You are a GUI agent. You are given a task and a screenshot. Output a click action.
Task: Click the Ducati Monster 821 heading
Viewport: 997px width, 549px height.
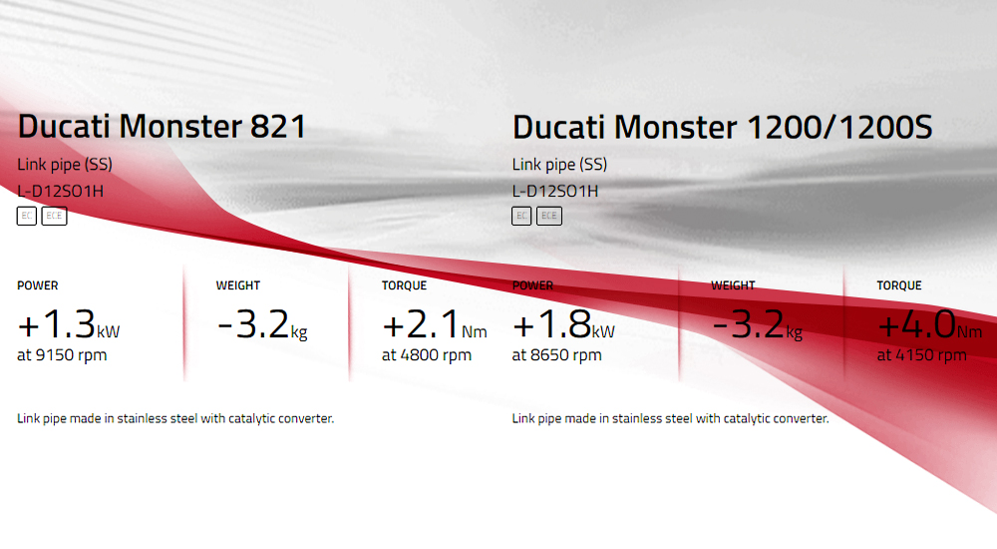click(x=162, y=126)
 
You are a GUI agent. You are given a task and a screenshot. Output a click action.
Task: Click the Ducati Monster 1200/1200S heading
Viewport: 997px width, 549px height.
click(x=722, y=127)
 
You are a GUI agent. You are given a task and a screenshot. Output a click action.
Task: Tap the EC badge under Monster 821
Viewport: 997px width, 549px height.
click(x=27, y=216)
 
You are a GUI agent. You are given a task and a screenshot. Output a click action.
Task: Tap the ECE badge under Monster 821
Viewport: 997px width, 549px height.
click(x=54, y=216)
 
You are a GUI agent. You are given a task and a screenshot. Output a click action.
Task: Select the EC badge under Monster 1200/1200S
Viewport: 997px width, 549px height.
click(x=521, y=216)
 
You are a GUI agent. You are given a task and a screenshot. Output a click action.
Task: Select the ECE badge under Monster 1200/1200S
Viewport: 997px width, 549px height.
click(x=548, y=216)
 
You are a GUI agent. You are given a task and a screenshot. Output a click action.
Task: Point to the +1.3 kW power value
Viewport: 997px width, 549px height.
click(x=69, y=324)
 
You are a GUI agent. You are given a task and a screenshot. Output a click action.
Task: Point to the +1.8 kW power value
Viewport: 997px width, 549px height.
click(x=563, y=324)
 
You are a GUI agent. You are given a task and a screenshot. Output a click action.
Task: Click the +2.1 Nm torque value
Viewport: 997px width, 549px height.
click(x=435, y=324)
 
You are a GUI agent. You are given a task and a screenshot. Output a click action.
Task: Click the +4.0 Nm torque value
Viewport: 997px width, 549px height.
click(x=929, y=324)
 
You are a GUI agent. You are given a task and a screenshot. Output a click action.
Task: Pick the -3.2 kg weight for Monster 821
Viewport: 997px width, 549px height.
click(x=262, y=324)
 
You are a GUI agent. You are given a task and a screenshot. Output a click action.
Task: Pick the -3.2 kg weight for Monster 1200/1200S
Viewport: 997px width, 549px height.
click(x=758, y=324)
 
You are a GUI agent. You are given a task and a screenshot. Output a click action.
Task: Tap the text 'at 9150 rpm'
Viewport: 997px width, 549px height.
click(x=62, y=354)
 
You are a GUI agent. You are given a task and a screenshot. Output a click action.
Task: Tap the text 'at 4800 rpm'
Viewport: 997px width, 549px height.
click(x=427, y=354)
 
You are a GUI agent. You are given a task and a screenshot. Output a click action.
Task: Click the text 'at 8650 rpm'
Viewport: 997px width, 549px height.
click(x=557, y=354)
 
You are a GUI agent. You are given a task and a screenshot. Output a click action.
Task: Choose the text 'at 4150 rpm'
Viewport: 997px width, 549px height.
click(x=922, y=354)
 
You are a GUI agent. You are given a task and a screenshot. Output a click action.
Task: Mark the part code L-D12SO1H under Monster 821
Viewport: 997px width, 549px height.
click(x=61, y=191)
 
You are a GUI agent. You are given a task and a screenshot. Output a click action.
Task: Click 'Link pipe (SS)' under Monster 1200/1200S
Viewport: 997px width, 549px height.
click(x=559, y=165)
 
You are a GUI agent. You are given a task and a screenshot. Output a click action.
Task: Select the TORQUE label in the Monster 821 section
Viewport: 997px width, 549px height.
click(x=405, y=285)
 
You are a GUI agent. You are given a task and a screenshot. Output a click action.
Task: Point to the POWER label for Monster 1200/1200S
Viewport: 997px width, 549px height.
click(x=532, y=285)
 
